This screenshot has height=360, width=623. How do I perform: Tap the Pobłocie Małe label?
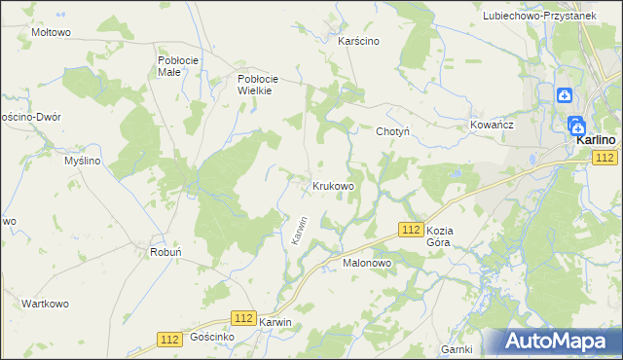pyautogui.click(x=178, y=65)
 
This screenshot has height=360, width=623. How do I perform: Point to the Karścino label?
pyautogui.click(x=358, y=42)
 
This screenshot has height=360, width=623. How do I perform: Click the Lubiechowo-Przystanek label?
pyautogui.click(x=551, y=17)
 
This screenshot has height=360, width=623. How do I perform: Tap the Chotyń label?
pyautogui.click(x=394, y=131)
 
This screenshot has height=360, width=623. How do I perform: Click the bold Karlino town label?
pyautogui.click(x=593, y=140)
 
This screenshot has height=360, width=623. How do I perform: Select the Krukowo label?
pyautogui.click(x=332, y=185)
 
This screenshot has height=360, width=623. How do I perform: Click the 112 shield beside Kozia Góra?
pyautogui.click(x=410, y=228)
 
